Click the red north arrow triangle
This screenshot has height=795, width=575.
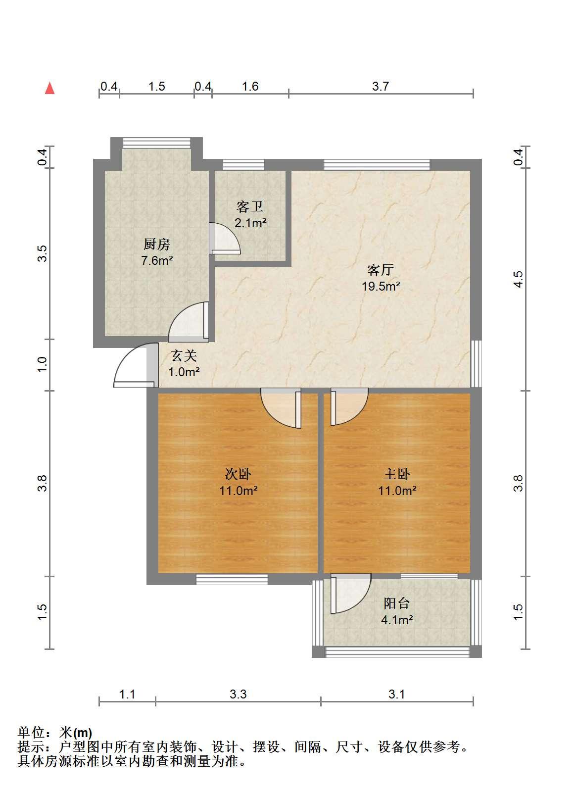49,88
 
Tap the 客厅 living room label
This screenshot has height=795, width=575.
381,270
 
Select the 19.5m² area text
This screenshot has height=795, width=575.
381,286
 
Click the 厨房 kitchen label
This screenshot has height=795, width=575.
157,244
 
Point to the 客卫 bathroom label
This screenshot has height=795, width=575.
250,206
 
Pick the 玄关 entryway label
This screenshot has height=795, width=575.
184,355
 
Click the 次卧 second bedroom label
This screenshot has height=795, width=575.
238,474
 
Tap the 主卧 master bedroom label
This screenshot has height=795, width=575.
397,474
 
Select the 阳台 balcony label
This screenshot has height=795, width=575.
397,603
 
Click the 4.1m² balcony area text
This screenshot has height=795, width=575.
397,620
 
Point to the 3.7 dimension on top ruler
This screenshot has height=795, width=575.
381,86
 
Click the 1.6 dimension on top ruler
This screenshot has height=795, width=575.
250,86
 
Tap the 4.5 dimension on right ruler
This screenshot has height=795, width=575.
518,279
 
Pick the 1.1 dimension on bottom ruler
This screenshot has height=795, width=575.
127,694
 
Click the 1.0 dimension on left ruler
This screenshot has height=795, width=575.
42,364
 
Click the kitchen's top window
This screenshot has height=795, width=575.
156,143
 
